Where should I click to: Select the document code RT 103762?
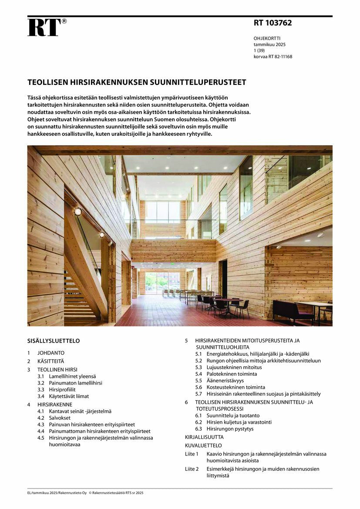point(273,23)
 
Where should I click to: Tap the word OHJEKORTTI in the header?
point(267,38)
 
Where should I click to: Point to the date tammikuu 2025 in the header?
point(269,44)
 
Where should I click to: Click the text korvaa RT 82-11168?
point(273,56)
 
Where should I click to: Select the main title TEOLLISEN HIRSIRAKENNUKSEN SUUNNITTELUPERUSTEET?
point(137,82)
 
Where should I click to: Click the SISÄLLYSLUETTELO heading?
point(54,341)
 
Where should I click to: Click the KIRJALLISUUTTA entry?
point(204,437)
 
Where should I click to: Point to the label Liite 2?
point(192,469)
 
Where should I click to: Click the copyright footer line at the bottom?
point(85,493)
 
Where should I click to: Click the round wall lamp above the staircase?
point(77,212)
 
